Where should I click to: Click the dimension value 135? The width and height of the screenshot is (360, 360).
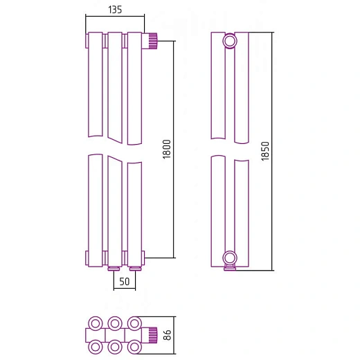coord(115,10)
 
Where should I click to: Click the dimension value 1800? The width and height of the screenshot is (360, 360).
coord(167,149)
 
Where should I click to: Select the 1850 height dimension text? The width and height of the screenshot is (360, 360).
coord(265,151)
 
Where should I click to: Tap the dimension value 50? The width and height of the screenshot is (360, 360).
coord(125,281)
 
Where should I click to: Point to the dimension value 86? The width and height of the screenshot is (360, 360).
coord(167,335)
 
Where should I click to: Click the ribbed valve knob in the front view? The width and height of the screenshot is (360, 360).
coord(153,41)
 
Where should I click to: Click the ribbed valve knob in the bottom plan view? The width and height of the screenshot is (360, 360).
coord(153,335)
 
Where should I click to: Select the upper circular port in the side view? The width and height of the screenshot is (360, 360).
coord(230,41)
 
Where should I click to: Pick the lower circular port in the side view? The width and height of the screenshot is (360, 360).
coord(230,258)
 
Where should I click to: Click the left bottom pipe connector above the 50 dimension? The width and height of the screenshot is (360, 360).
coord(114,269)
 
